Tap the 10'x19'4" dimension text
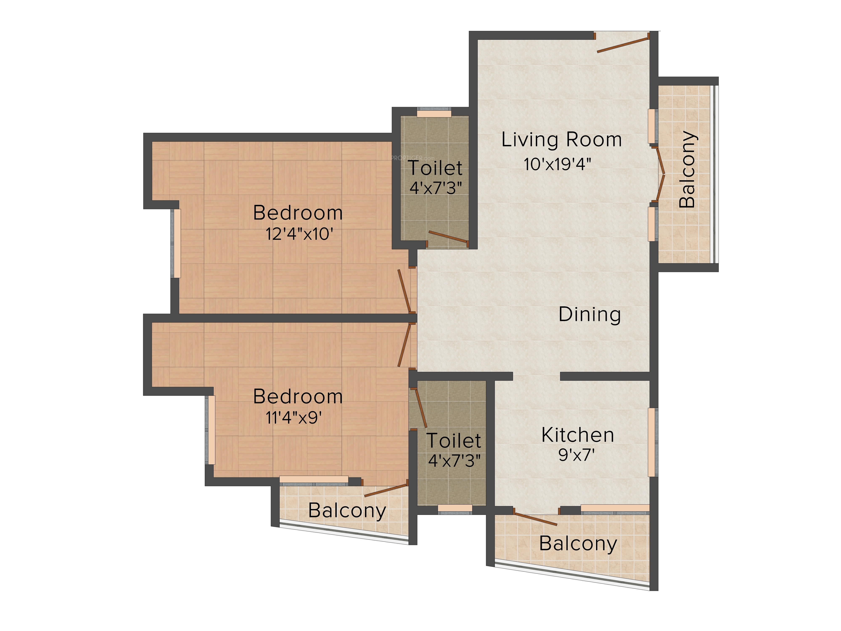(x=557, y=164)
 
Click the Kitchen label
(x=578, y=435)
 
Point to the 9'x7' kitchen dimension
(x=576, y=455)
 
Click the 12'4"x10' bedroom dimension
(x=300, y=233)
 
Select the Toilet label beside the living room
(x=435, y=168)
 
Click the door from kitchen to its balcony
(x=535, y=519)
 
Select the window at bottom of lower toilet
(x=455, y=509)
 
